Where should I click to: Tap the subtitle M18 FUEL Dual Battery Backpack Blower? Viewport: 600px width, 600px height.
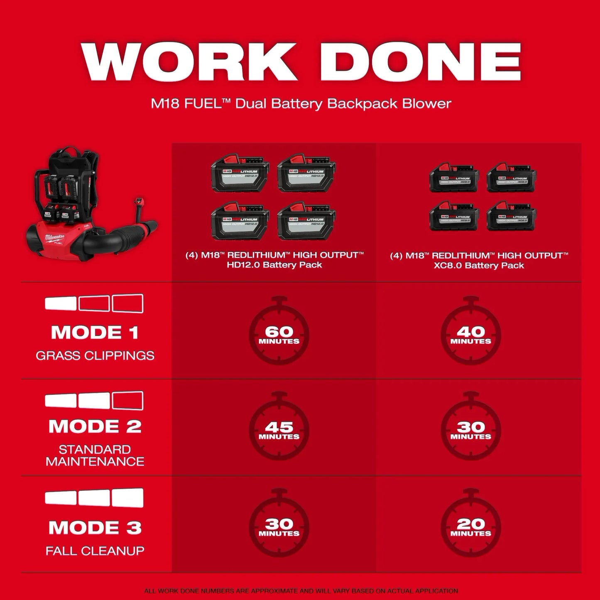pyautogui.click(x=301, y=103)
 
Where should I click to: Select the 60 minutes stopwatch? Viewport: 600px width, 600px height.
pyautogui.click(x=279, y=335)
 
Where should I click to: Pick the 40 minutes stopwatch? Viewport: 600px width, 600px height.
pyautogui.click(x=470, y=335)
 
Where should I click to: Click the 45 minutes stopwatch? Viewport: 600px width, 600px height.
pyautogui.click(x=279, y=430)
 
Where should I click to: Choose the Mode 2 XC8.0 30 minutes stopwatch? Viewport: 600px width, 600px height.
pyautogui.click(x=470, y=430)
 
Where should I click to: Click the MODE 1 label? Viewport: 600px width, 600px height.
pyautogui.click(x=95, y=333)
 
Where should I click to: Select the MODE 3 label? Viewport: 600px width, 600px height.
pyautogui.click(x=95, y=528)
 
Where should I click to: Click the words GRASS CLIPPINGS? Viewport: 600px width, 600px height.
pyautogui.click(x=95, y=355)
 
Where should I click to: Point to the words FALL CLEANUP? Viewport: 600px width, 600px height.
pyautogui.click(x=95, y=551)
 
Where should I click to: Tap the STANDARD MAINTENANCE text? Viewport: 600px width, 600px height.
pyautogui.click(x=95, y=456)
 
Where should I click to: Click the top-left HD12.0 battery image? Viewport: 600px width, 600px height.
pyautogui.click(x=240, y=173)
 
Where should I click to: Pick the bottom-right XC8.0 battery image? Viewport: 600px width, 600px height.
pyautogui.click(x=511, y=216)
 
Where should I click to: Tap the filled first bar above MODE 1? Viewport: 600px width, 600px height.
pyautogui.click(x=61, y=304)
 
